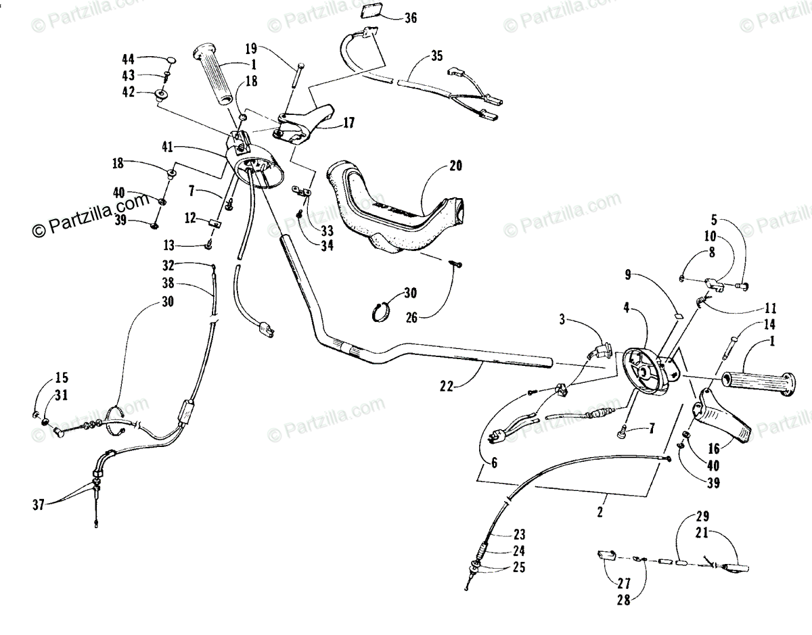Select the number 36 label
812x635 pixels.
pyautogui.click(x=411, y=18)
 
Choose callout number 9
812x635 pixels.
pyautogui.click(x=629, y=275)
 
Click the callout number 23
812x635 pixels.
pyautogui.click(x=519, y=534)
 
